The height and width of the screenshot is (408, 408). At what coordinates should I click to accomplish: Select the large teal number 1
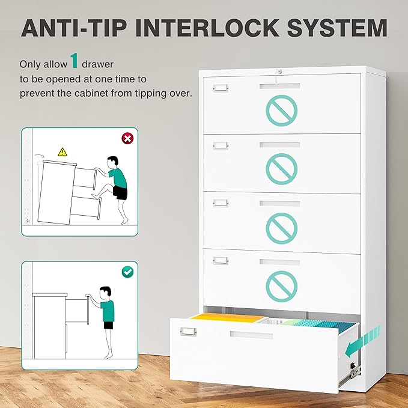coord(75,61)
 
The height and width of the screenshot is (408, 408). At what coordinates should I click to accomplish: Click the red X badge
coord(127,139)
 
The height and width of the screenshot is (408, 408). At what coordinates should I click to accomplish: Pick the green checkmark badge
coord(127,272)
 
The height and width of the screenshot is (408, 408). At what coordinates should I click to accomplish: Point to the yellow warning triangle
coord(62,152)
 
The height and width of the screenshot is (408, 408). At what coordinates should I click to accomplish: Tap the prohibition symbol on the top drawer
coord(281,110)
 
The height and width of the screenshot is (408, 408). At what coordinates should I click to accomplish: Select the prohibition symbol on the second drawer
coord(281,168)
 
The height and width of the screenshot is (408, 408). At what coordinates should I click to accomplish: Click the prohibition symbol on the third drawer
coord(281,225)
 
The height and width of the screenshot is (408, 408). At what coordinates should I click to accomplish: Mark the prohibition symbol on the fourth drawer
coord(281,284)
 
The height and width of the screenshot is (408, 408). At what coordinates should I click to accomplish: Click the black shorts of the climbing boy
coord(120,193)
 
